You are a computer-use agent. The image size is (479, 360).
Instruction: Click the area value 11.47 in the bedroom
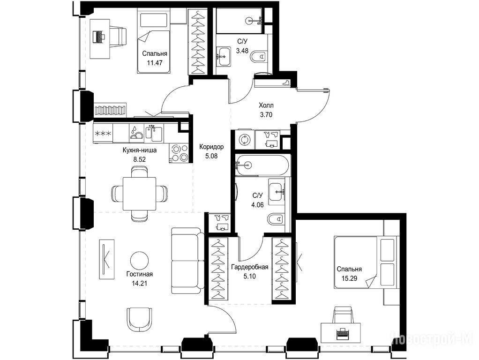154,63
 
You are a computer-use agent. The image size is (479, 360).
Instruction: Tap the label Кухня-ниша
140,150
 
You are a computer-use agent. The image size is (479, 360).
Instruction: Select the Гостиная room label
139,274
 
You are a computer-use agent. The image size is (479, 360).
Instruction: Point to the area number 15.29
350,278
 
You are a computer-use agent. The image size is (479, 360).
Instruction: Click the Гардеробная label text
250,267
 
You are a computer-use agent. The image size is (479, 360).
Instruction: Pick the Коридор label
211,147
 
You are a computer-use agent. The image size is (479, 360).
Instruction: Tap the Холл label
266,105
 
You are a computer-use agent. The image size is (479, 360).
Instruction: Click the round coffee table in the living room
139,260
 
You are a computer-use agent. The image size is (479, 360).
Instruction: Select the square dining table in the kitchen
139,194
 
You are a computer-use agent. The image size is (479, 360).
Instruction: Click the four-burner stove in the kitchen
180,153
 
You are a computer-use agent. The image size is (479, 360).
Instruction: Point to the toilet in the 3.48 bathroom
259,57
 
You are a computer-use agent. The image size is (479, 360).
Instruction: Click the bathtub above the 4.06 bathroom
262,165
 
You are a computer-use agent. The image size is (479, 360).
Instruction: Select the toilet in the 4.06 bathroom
276,219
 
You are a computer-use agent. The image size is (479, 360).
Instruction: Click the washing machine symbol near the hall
244,139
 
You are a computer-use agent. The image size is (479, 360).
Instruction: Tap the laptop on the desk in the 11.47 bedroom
99,37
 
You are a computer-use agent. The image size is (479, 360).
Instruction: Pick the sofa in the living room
187,261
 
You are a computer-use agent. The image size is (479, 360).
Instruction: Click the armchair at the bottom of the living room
139,320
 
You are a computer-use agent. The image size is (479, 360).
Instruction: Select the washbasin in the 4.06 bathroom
277,192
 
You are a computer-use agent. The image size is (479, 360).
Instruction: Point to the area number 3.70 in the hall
266,115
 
